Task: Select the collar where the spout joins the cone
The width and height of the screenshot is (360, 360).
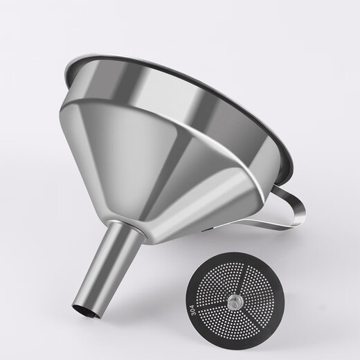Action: coord(132,232)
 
